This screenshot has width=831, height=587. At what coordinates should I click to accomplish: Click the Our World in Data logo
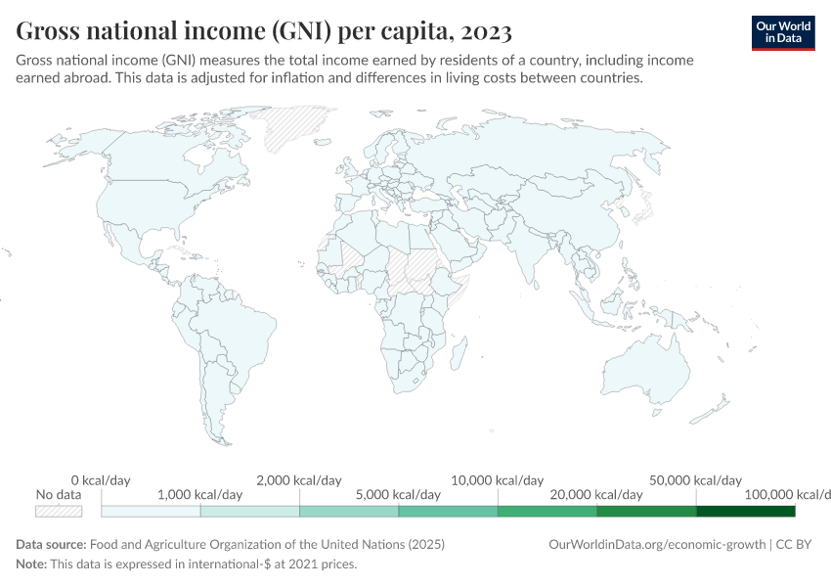coord(782,31)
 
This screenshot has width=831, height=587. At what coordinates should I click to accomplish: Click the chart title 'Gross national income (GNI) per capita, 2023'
coord(264,31)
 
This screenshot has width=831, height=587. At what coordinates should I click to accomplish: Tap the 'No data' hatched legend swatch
coord(58,511)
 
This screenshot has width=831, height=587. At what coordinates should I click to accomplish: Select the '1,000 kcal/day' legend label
coord(199,495)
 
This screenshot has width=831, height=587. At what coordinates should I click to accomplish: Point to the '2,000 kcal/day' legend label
coord(299,480)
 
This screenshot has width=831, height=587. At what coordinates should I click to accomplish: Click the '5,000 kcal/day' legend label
coord(399,495)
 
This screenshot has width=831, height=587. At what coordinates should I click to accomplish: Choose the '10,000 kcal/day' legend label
coord(498,480)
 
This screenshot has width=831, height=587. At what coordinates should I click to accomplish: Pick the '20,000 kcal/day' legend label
coord(596,495)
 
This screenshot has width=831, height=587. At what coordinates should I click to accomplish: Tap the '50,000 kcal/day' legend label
coord(695,480)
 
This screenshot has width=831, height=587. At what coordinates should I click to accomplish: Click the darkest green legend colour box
coord(745,511)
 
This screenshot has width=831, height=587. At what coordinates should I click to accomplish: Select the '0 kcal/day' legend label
coord(101,480)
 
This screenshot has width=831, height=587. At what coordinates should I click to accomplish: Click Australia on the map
coord(645,377)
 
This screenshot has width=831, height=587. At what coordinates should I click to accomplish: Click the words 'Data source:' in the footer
coord(51,544)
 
